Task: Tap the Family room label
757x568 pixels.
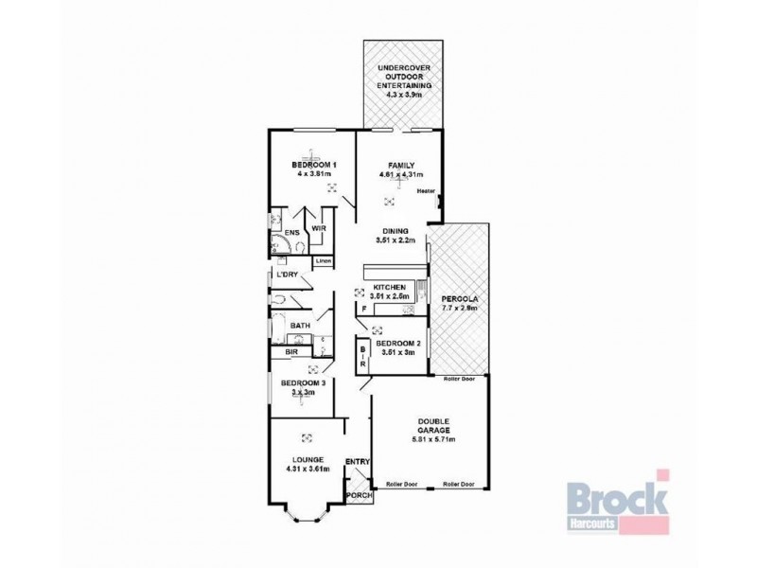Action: (400, 165)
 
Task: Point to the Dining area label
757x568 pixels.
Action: (396, 231)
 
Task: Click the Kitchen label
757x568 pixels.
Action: (390, 287)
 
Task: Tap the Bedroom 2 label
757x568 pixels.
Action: (396, 344)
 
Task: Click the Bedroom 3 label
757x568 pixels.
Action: (303, 383)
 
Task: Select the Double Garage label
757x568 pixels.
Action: (431, 426)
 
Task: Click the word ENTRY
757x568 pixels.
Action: (357, 461)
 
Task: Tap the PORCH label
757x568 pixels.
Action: (358, 495)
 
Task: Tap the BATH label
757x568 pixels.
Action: (301, 326)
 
